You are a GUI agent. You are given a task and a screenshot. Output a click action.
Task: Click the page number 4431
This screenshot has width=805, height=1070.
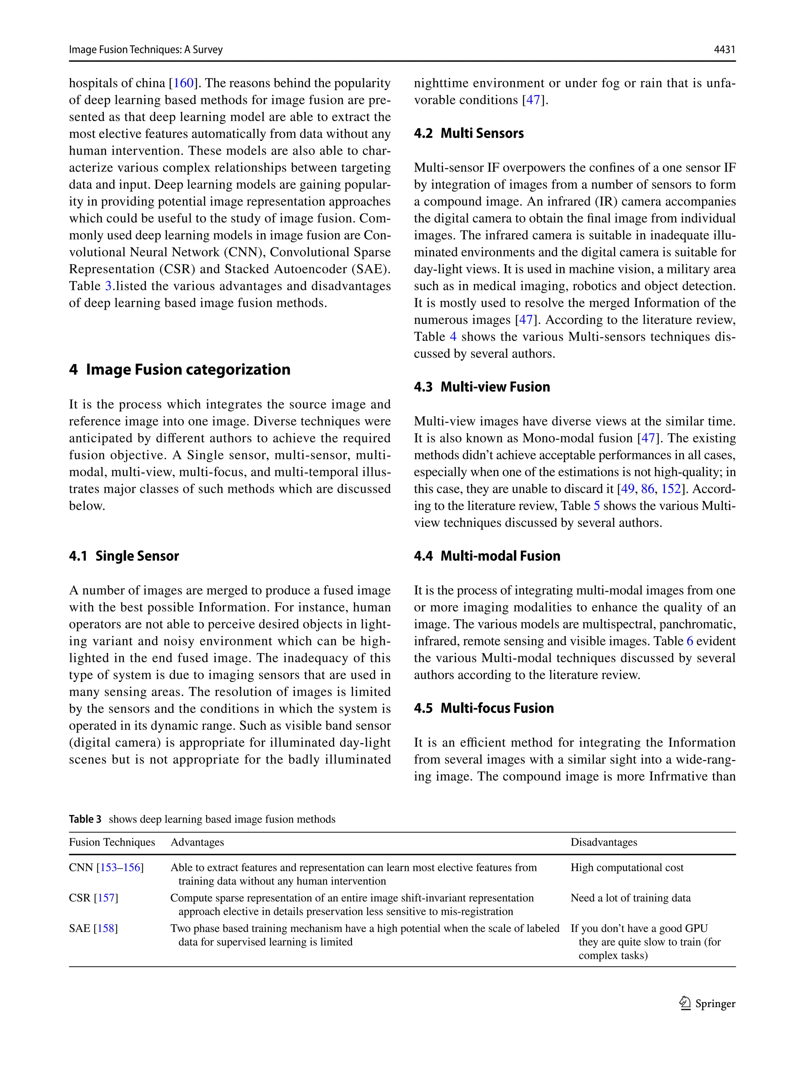click(724, 49)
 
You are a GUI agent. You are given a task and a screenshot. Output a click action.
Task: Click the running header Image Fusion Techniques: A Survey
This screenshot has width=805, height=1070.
click(145, 49)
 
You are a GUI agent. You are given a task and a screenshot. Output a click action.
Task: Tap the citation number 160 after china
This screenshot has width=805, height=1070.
click(184, 83)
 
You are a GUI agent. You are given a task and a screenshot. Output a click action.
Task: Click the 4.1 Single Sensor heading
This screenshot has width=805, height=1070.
click(124, 556)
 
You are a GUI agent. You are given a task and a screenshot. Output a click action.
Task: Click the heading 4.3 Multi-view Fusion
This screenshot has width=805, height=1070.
click(482, 387)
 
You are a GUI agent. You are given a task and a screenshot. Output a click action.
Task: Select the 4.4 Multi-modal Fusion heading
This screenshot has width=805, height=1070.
click(487, 556)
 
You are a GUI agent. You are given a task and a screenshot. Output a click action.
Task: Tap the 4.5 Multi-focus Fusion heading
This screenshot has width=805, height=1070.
click(483, 708)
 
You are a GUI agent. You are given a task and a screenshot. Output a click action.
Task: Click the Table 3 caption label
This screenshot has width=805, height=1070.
click(85, 819)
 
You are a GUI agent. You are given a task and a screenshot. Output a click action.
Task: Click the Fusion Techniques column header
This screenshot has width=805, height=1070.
click(112, 842)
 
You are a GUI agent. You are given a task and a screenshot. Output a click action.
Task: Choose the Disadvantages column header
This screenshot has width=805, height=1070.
click(603, 842)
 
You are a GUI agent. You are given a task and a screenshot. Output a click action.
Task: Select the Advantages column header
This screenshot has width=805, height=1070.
click(197, 842)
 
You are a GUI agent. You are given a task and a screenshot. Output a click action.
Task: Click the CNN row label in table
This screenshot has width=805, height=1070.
click(81, 867)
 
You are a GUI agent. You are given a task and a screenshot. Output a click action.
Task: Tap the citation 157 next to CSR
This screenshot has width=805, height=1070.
click(106, 898)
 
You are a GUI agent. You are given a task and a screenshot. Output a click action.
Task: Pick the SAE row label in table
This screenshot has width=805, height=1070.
click(80, 928)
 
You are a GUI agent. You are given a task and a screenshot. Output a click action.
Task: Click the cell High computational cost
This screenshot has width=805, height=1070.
click(627, 867)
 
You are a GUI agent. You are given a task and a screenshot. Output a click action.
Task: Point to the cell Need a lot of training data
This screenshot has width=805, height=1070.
click(630, 898)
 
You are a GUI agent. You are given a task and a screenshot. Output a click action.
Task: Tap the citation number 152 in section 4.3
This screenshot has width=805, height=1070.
click(671, 489)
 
